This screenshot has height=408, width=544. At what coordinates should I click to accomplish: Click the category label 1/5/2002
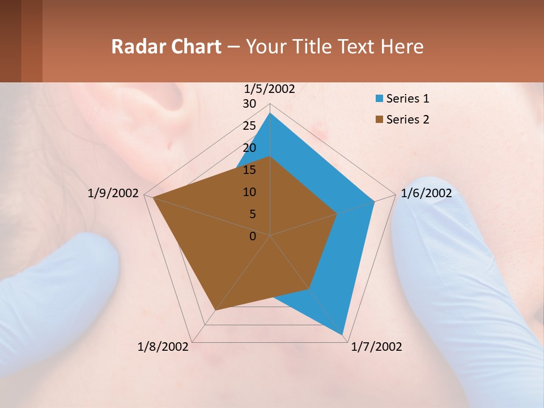coord(270,88)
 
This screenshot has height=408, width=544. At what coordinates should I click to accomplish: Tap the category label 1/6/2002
coord(426,193)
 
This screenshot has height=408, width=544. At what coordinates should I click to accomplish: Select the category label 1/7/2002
coord(376,347)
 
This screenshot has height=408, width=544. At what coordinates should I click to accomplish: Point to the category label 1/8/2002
coord(163,347)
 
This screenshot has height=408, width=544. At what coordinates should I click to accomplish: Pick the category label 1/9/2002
coord(113,193)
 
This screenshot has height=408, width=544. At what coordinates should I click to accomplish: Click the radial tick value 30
coord(249,104)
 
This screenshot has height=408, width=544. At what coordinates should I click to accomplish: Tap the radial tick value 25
coord(249,126)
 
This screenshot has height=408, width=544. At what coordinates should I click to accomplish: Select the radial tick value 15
coord(249,170)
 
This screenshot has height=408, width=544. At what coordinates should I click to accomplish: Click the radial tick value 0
coord(253,236)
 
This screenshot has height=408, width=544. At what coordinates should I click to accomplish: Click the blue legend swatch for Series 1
coord(379,99)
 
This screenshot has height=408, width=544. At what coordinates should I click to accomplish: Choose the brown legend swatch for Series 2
coord(379,120)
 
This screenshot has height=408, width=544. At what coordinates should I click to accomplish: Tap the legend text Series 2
coord(407,120)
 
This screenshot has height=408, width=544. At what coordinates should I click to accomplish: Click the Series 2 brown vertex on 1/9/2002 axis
coord(153,198)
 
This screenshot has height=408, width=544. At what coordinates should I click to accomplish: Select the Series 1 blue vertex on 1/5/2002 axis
coord(270,113)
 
